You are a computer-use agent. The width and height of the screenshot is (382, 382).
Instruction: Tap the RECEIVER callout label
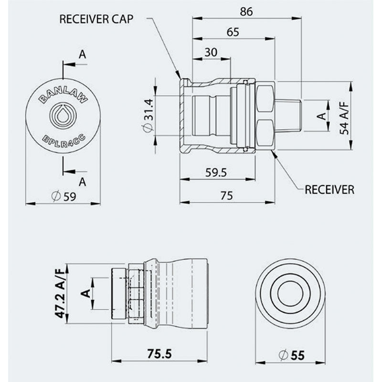pyautogui.click(x=329, y=190)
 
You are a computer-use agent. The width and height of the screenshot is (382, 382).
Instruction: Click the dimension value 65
pyautogui.click(x=233, y=32)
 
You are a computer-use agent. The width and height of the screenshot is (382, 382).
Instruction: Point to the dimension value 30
pyautogui.click(x=212, y=52)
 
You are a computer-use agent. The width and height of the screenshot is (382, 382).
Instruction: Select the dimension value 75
pyautogui.click(x=227, y=195)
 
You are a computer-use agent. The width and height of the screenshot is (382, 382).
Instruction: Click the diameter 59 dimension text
pyautogui.click(x=63, y=196)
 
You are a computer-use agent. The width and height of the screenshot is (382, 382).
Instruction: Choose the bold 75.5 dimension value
pyautogui.click(x=159, y=354)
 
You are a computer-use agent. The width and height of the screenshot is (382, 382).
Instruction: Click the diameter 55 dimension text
pyautogui.click(x=291, y=355)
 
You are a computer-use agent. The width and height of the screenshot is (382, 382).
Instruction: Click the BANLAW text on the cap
pyautogui.click(x=63, y=95)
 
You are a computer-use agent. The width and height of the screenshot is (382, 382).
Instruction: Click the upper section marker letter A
pyautogui.click(x=82, y=55)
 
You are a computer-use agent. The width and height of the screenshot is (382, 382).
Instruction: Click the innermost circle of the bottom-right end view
pyautogui.click(x=290, y=292)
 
